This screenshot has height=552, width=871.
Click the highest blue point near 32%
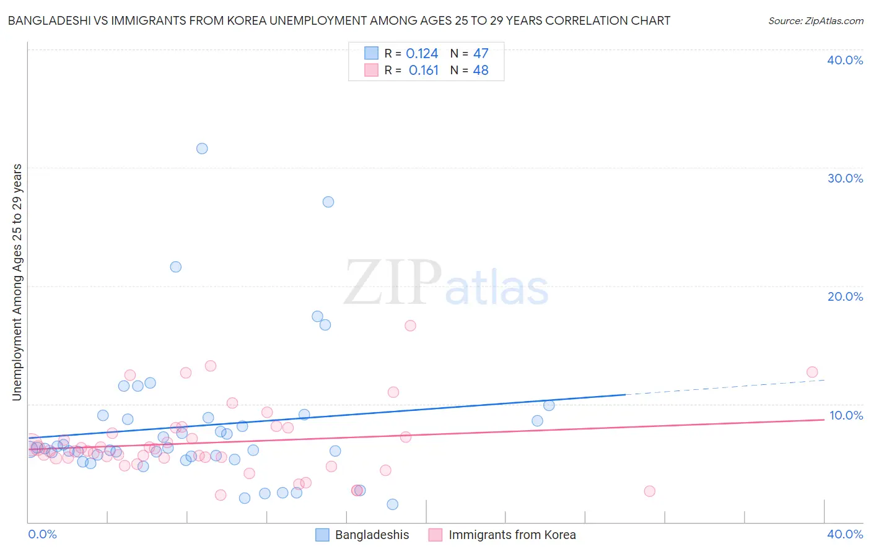click(x=202, y=149)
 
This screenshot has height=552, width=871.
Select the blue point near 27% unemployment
click(x=328, y=202)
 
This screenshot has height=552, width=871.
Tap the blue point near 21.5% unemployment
click(x=176, y=267)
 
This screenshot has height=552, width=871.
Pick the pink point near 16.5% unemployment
click(x=410, y=326)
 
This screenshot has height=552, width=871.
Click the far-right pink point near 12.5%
click(x=812, y=372)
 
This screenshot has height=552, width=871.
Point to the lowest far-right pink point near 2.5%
click(x=649, y=491)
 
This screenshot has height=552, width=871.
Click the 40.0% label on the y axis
click(x=845, y=60)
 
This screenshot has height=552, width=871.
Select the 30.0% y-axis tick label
click(x=845, y=178)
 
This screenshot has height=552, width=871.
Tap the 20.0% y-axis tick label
click(x=845, y=296)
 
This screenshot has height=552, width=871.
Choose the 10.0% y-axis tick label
click(x=846, y=415)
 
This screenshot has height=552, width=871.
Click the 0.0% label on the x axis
click(x=43, y=534)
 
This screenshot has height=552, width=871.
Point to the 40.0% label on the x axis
click(x=845, y=534)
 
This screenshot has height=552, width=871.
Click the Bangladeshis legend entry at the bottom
click(x=372, y=535)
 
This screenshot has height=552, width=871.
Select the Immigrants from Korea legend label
click(x=512, y=535)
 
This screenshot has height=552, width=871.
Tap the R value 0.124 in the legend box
click(x=422, y=54)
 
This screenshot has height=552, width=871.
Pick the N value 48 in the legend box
click(x=481, y=71)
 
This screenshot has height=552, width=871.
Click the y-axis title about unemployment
click(x=17, y=282)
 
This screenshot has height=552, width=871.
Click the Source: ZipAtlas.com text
click(x=815, y=21)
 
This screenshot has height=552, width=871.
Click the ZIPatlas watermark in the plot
click(x=446, y=283)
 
